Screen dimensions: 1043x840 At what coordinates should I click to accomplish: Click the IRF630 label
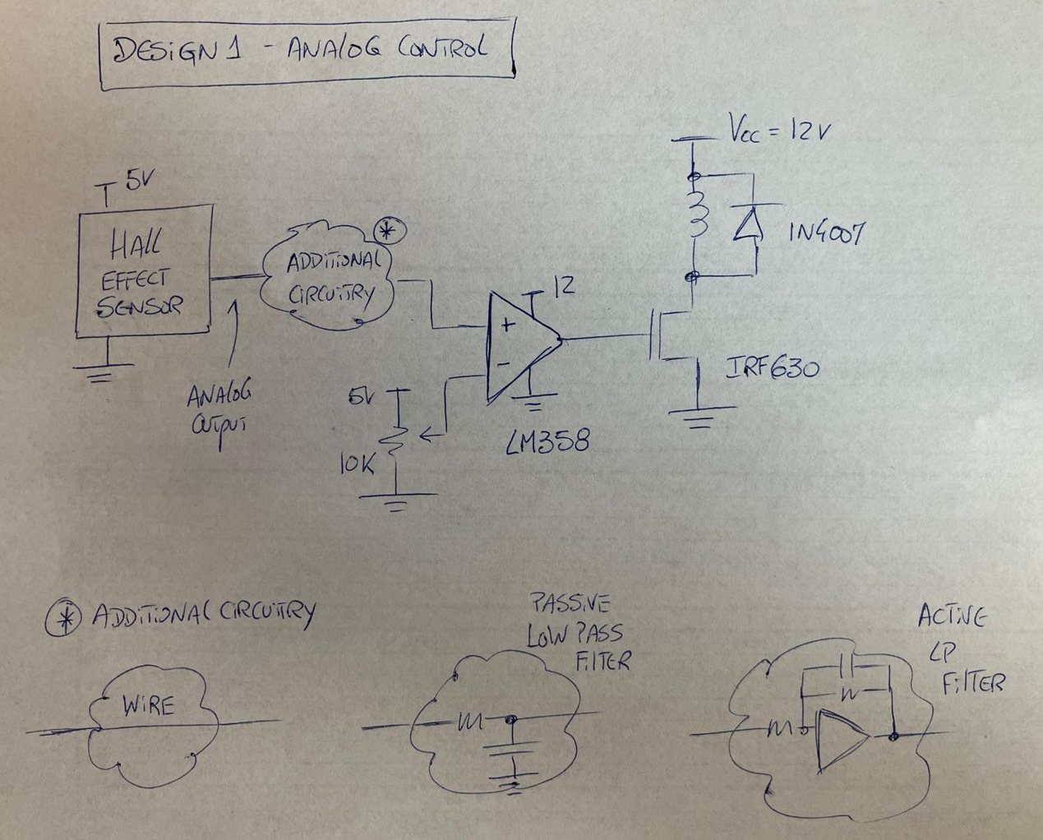[773, 369]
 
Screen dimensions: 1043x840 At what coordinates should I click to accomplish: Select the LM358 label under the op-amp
[547, 442]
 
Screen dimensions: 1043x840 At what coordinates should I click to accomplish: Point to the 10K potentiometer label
[357, 465]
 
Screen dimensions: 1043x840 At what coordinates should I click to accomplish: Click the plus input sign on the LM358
[507, 325]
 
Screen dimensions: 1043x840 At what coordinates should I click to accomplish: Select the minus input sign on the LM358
[504, 363]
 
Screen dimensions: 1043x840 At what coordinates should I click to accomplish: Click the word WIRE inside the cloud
[148, 705]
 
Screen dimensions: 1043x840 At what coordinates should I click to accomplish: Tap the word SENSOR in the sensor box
[140, 307]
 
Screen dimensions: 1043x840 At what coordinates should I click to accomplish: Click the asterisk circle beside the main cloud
[390, 232]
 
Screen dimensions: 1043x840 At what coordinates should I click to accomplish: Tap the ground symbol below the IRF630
[700, 417]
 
